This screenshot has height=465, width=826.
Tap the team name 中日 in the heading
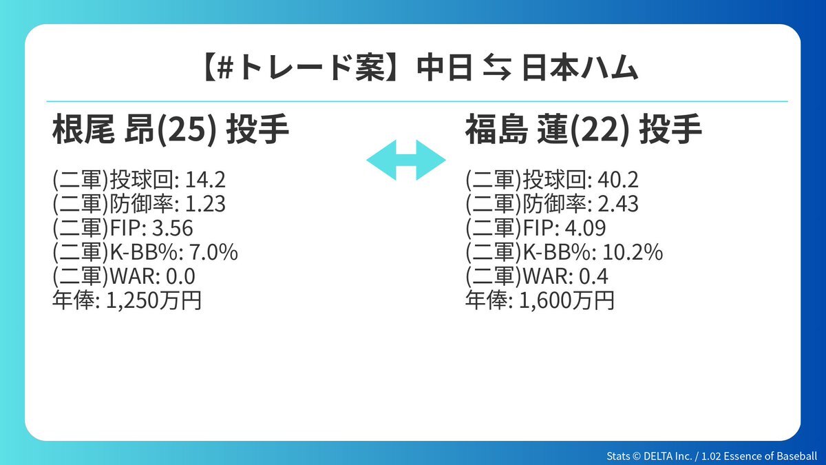tap(445, 68)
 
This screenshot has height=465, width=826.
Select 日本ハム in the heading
tap(580, 68)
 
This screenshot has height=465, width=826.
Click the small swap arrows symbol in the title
tap(497, 69)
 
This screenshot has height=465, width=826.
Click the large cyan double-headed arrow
tap(406, 160)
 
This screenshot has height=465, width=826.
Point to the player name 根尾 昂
tap(103, 130)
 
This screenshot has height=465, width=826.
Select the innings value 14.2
tap(205, 180)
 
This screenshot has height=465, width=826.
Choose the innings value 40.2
tap(618, 180)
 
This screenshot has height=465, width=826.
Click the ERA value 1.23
tap(205, 204)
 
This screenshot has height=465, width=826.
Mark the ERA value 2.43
tap(618, 204)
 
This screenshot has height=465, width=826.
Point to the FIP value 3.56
tap(173, 228)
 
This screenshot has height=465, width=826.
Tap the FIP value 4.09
tap(586, 228)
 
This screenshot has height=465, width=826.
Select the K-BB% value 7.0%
tap(214, 252)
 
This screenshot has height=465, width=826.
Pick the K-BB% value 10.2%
tap(633, 252)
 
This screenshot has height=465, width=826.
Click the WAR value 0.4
tap(593, 276)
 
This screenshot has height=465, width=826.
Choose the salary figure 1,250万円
tap(153, 300)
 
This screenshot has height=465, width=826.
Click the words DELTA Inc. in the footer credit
tap(668, 456)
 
